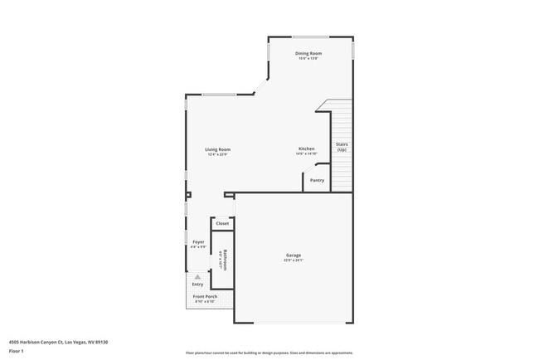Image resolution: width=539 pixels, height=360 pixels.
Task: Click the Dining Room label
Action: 309,53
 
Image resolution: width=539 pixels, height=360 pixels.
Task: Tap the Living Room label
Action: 218,149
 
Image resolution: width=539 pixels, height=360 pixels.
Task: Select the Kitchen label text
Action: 306,148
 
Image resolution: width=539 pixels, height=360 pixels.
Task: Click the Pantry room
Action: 317,180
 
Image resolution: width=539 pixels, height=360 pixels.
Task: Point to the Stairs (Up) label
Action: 342,147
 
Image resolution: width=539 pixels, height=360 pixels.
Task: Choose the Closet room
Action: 222,224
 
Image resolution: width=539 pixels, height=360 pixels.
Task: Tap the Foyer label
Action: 198,242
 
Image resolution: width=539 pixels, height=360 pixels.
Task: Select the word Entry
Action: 197,285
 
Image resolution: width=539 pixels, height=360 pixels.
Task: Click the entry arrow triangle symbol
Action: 197,276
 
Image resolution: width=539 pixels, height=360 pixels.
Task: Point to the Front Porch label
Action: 205,297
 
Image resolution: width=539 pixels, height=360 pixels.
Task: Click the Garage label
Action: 294,255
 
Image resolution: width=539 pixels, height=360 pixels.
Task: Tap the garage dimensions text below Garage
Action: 294,260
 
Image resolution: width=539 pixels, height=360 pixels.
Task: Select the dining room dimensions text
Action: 309,58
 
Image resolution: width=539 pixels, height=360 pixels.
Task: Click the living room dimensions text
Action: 218,154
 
